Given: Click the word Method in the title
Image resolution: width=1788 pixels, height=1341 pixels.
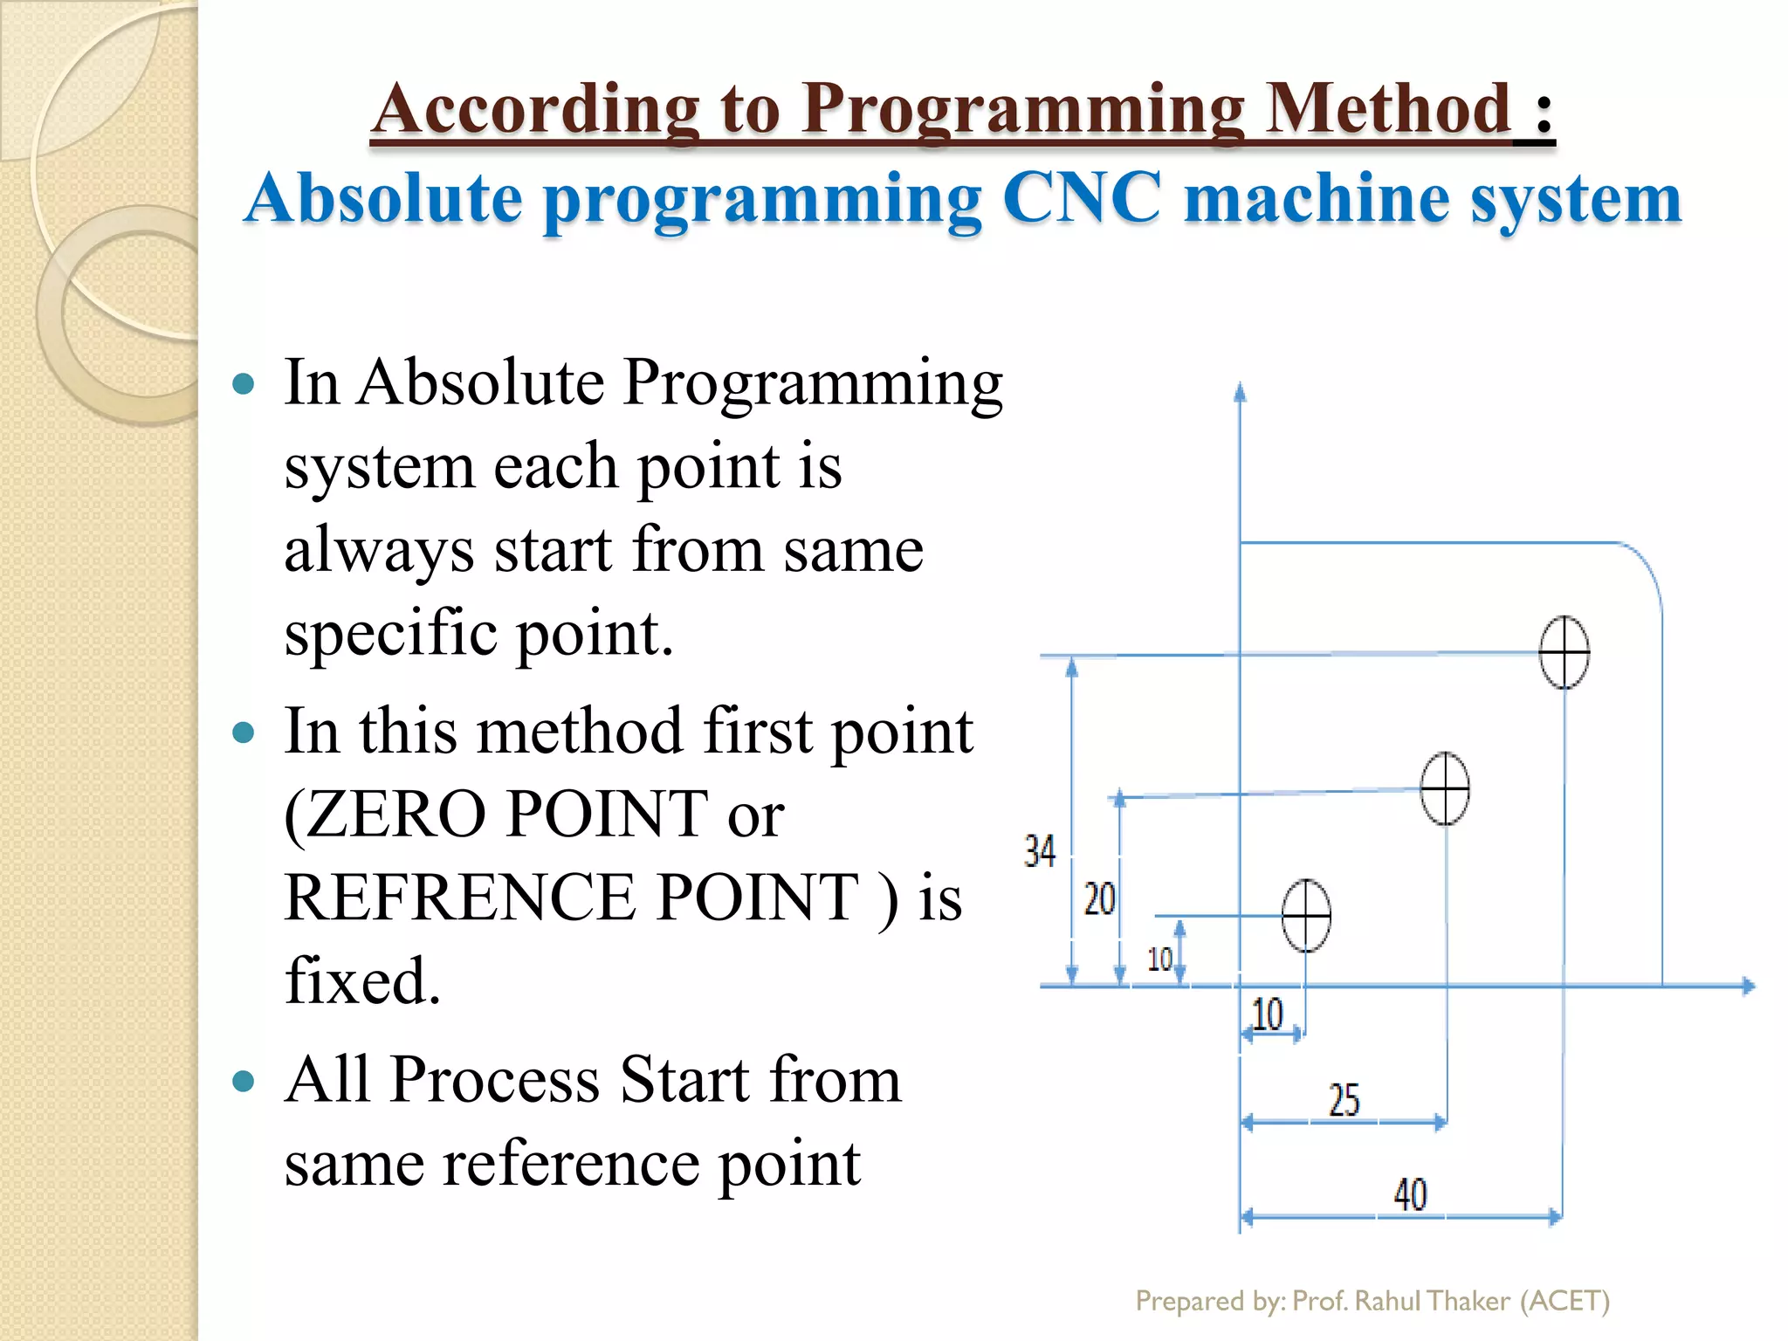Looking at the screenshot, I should [x=1387, y=108].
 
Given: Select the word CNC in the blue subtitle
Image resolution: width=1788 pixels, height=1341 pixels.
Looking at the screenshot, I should [x=1083, y=198].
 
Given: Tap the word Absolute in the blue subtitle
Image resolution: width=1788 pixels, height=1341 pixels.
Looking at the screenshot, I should [x=384, y=198].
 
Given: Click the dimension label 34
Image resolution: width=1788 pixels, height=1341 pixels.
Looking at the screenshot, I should [x=1040, y=851].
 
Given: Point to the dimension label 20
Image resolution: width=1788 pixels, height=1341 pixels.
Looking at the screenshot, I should [x=1099, y=898].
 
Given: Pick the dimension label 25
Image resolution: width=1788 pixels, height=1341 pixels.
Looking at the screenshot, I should [x=1344, y=1100].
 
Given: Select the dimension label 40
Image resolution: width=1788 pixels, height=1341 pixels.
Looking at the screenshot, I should [x=1409, y=1194].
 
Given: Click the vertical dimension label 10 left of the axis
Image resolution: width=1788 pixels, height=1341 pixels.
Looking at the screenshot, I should [x=1159, y=959].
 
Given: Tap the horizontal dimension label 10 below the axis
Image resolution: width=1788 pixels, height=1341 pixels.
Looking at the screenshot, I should [x=1268, y=1014].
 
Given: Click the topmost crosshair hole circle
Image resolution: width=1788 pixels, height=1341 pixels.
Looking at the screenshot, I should [x=1564, y=652].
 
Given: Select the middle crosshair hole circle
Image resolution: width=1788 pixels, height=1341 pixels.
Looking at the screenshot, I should [x=1445, y=788].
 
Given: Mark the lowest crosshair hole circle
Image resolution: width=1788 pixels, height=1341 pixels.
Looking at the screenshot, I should [x=1306, y=915].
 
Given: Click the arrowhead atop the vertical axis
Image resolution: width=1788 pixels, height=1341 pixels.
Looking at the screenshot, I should [x=1240, y=392].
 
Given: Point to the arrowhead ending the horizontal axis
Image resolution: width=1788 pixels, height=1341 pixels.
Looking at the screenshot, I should [x=1748, y=986].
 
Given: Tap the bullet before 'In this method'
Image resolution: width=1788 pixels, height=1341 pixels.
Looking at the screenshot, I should [x=244, y=732].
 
